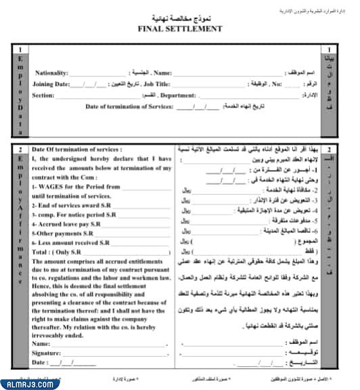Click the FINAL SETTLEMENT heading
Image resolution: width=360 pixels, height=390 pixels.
pos(179,29)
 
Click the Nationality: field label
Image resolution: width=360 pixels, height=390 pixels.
pos(52,72)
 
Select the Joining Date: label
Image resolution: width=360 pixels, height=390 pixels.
pos(51,84)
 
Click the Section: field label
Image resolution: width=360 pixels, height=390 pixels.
pos(43,95)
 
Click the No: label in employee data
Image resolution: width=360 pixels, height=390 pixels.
pos(276,84)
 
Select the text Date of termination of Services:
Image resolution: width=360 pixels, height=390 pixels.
pos(129,106)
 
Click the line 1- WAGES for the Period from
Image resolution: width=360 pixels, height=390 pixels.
pos(76,186)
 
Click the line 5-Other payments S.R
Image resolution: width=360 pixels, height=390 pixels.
pos(63,232)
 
